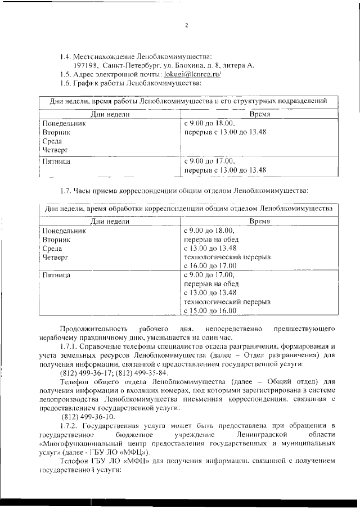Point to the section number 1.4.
click(66, 56)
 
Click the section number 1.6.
click(66, 83)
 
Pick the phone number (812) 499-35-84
click(143, 373)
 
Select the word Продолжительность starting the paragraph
click(92, 328)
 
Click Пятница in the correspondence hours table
click(59, 275)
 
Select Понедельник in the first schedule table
click(64, 124)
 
